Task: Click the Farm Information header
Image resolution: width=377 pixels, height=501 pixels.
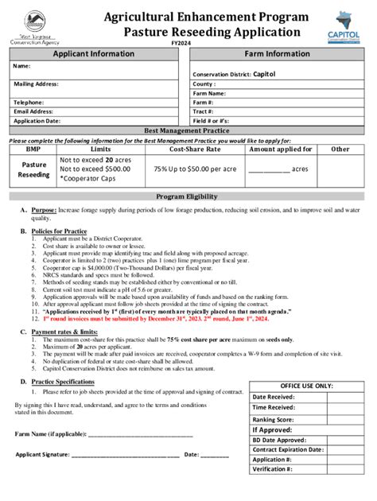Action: pos(277,53)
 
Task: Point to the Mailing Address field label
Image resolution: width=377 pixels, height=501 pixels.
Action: pos(37,83)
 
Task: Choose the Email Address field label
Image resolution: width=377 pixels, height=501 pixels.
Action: pos(33,112)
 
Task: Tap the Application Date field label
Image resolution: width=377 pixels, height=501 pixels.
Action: pos(37,122)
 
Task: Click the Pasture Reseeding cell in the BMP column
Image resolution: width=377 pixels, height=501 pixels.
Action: pos(33,169)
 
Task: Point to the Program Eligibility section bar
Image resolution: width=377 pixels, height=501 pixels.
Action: pos(188,196)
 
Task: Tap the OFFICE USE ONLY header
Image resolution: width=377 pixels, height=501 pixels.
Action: pos(307,386)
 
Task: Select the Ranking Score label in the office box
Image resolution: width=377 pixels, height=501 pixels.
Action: pos(273,419)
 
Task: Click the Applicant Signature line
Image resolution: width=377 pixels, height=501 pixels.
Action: pos(127,455)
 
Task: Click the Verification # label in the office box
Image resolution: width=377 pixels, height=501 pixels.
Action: pos(272,469)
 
